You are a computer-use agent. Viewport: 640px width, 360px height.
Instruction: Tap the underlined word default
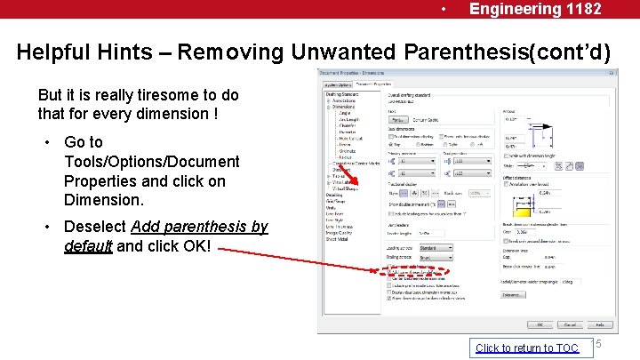pos(88,246)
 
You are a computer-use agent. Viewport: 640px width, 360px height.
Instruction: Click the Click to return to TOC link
pos(526,348)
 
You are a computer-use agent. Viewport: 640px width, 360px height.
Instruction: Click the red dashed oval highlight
pos(419,271)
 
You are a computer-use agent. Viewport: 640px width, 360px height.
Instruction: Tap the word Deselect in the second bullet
pos(96,227)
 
